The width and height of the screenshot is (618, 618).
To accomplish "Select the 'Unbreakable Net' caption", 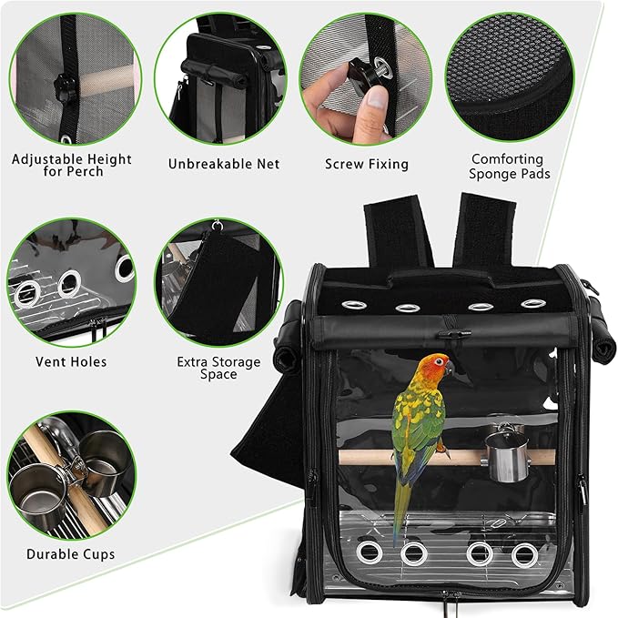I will click(x=224, y=165).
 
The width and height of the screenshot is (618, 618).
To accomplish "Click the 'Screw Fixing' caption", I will click(x=366, y=165).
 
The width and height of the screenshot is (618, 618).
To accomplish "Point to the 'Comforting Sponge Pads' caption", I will click(x=508, y=166).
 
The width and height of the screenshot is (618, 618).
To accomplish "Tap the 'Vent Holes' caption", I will click(x=71, y=361).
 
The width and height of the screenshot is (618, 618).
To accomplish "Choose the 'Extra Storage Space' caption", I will click(x=218, y=368).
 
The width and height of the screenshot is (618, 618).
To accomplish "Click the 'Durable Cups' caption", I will click(x=71, y=553).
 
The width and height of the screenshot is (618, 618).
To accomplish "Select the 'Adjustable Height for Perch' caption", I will click(x=71, y=165).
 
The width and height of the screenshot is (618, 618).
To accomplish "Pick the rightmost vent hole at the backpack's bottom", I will click(x=522, y=553).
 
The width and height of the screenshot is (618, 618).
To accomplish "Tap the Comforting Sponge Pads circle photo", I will click(x=508, y=77).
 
